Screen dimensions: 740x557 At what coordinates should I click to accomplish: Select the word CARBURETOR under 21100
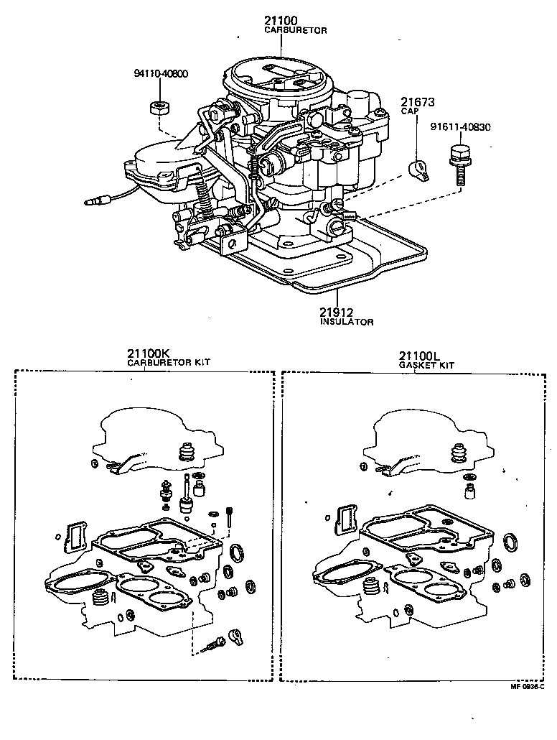click(296, 32)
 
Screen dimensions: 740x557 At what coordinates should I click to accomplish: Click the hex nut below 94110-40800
click(158, 108)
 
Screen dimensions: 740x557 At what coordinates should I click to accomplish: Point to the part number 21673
click(418, 103)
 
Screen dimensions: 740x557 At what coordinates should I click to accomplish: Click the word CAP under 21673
click(409, 113)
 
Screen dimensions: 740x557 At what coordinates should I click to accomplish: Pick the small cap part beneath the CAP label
click(418, 170)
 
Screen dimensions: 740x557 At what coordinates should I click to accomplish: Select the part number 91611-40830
click(461, 128)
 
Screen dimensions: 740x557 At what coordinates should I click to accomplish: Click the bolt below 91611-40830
click(457, 165)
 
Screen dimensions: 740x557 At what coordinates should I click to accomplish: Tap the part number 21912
click(337, 313)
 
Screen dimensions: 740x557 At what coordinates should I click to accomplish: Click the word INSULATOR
click(347, 323)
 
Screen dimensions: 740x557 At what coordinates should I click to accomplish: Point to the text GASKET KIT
click(427, 365)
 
